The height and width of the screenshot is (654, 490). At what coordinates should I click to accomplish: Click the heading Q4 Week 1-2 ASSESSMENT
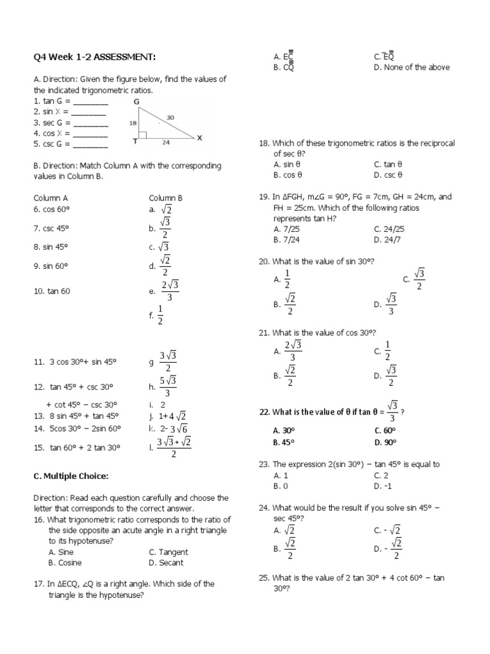click(x=94, y=57)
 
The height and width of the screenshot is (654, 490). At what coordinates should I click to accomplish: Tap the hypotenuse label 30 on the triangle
click(x=171, y=118)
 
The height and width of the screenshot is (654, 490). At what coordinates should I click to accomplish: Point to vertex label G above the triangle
click(x=136, y=102)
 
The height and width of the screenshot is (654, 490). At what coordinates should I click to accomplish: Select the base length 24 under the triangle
click(x=166, y=143)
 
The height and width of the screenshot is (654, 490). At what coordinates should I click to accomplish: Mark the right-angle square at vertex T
click(x=143, y=135)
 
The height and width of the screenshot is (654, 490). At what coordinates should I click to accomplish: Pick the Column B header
click(x=166, y=199)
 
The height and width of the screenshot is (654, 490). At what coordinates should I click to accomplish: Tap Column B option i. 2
click(x=157, y=404)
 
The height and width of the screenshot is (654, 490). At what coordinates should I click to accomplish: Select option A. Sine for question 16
click(x=61, y=552)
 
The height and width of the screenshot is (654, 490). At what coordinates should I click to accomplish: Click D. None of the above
click(x=412, y=67)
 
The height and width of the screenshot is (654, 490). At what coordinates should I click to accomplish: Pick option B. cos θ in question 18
click(x=287, y=174)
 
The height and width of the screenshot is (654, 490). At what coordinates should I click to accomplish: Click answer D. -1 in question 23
click(x=382, y=486)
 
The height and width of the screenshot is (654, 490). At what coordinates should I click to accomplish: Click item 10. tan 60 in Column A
click(x=52, y=291)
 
